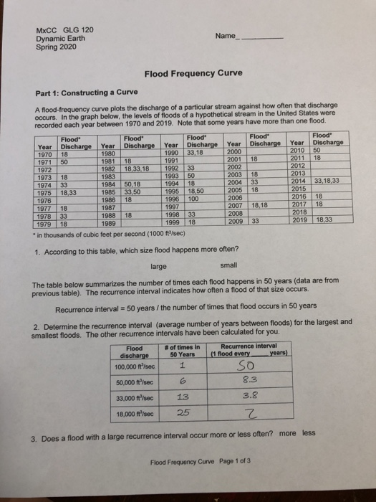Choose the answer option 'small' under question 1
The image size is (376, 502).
(229, 245)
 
